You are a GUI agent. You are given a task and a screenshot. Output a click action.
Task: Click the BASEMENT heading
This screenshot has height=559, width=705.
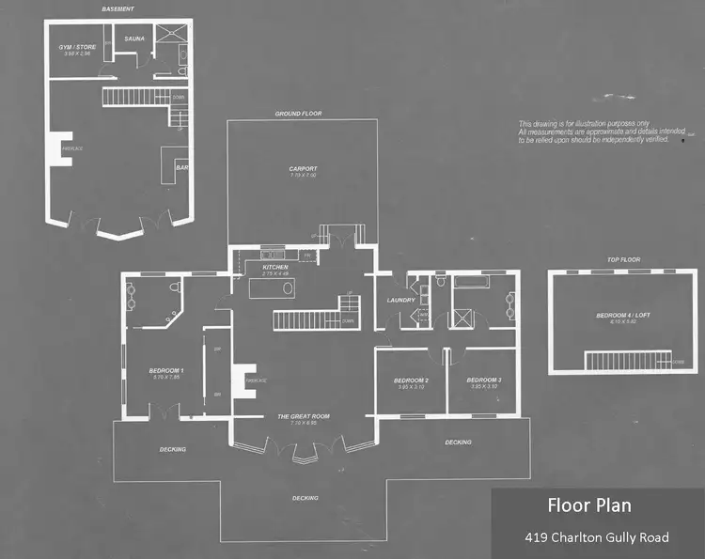(x=117, y=8)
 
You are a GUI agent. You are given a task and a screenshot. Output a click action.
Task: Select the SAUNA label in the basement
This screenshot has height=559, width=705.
(x=134, y=40)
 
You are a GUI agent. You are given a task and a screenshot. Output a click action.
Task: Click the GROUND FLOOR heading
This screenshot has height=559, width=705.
(x=299, y=114)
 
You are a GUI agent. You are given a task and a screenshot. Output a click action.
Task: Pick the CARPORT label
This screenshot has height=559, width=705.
(x=303, y=169)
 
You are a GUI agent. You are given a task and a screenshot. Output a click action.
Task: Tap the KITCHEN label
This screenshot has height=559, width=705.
(x=275, y=268)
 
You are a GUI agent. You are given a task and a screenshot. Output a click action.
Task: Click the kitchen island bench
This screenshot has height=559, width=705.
(x=272, y=288)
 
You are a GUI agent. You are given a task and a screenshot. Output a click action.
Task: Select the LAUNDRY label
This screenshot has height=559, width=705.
(x=401, y=301)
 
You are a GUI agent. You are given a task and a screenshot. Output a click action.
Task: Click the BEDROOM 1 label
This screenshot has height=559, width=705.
(x=165, y=371)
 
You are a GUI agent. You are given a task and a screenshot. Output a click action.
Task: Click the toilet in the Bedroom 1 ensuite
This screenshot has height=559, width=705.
(x=175, y=289)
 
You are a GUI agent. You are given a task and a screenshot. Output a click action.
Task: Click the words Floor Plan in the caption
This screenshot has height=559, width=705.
(x=589, y=505)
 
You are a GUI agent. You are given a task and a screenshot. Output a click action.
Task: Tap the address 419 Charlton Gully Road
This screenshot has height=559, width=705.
(x=597, y=537)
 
